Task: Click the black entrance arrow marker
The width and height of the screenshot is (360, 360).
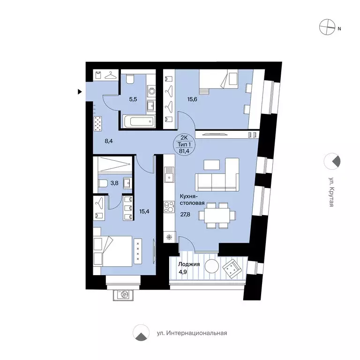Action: tap(80, 92)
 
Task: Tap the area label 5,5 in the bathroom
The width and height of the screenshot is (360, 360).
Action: tap(133, 99)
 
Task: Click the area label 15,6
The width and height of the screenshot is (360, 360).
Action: tap(192, 99)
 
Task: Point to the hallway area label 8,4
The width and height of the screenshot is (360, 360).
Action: tap(109, 141)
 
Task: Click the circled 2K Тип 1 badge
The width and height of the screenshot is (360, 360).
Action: tap(185, 144)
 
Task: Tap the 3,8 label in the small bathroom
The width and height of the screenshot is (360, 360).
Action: tap(114, 183)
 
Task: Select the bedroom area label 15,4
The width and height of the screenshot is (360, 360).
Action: tap(144, 211)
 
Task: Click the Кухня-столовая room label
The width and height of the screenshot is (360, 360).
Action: tap(192, 200)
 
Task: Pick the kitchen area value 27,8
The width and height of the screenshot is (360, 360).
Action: tap(185, 214)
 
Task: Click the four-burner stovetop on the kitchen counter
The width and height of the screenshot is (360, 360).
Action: tap(169, 207)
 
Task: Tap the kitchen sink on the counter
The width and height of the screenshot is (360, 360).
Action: tap(169, 174)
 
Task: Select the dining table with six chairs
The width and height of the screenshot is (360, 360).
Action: tap(217, 215)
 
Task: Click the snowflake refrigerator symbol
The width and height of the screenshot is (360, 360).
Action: tap(169, 237)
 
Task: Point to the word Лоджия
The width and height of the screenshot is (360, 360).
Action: tap(189, 264)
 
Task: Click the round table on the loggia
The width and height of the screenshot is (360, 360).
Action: tap(212, 266)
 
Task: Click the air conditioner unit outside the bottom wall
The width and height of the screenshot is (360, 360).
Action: tap(123, 295)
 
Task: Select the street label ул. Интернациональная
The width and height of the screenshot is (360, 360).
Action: tap(192, 333)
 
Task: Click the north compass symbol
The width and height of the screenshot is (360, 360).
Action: tap(327, 27)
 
